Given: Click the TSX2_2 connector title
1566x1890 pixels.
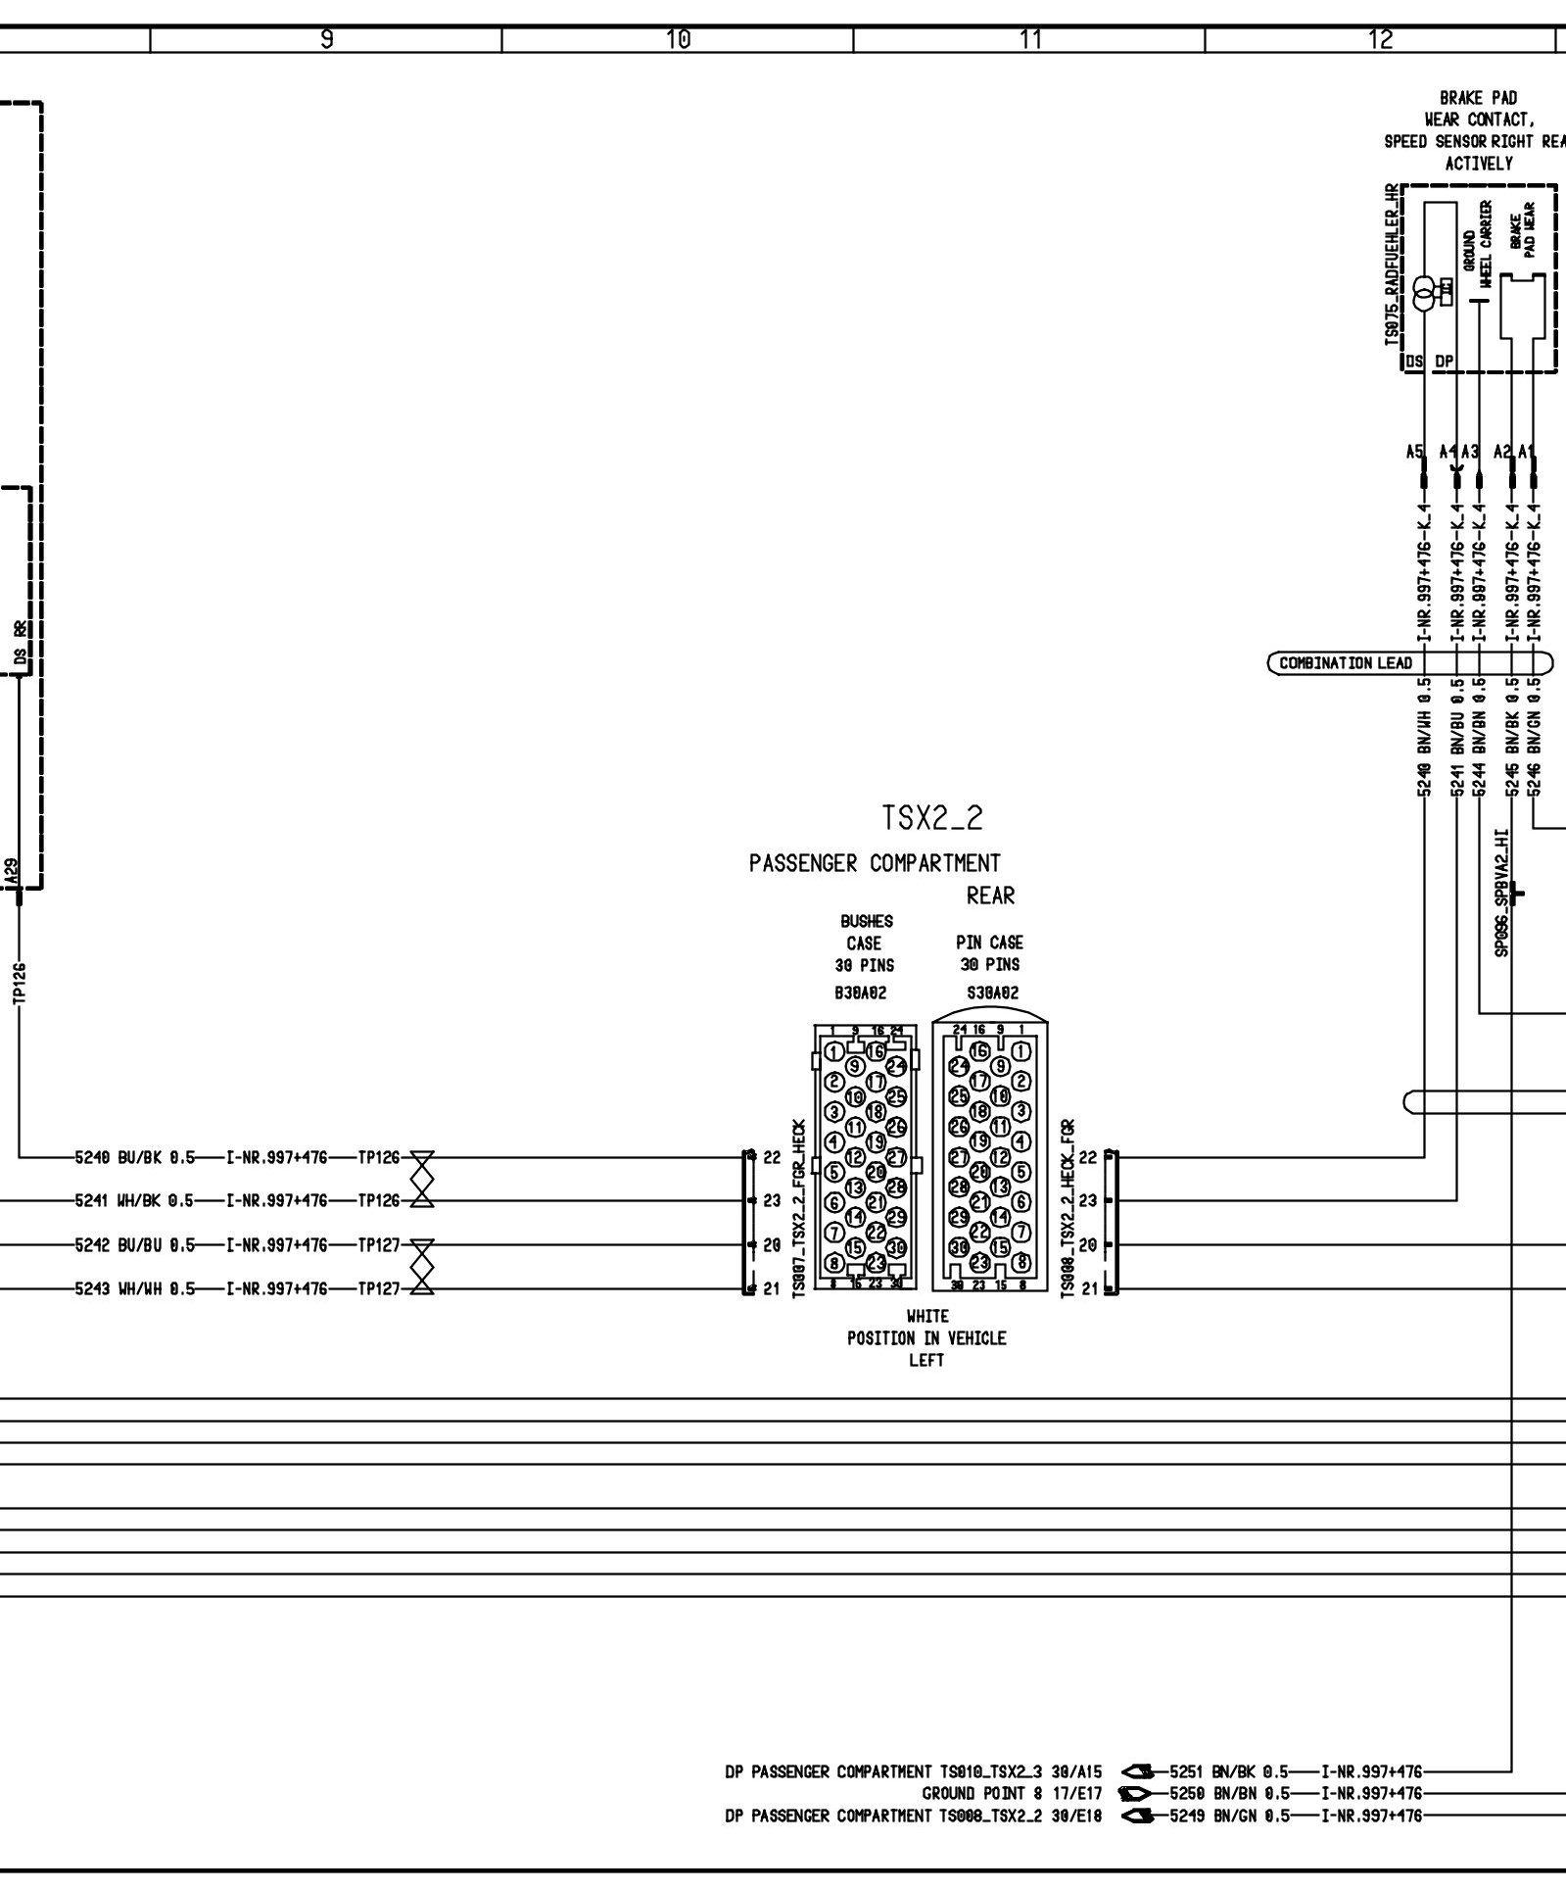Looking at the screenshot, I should [x=931, y=818].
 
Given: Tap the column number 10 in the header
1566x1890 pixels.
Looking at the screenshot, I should [x=677, y=39].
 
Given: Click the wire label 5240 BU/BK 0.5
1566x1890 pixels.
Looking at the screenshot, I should [x=134, y=1158].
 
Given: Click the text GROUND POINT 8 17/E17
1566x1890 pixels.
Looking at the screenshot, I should [x=1013, y=1793].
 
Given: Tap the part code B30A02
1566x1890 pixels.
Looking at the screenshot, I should [x=862, y=993].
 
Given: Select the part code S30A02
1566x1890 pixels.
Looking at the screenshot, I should [x=991, y=993].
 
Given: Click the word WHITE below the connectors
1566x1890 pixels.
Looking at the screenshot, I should [x=926, y=1316].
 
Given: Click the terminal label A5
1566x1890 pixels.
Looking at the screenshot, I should [x=1414, y=452].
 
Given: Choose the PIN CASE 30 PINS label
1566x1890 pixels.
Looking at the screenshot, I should [x=990, y=953].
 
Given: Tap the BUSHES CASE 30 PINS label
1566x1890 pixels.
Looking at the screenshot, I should [x=864, y=943].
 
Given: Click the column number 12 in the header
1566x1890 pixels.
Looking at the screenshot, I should [x=1380, y=39].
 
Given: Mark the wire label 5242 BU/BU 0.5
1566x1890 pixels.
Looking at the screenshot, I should [x=134, y=1245].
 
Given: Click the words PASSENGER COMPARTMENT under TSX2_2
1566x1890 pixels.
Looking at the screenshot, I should [x=875, y=863].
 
